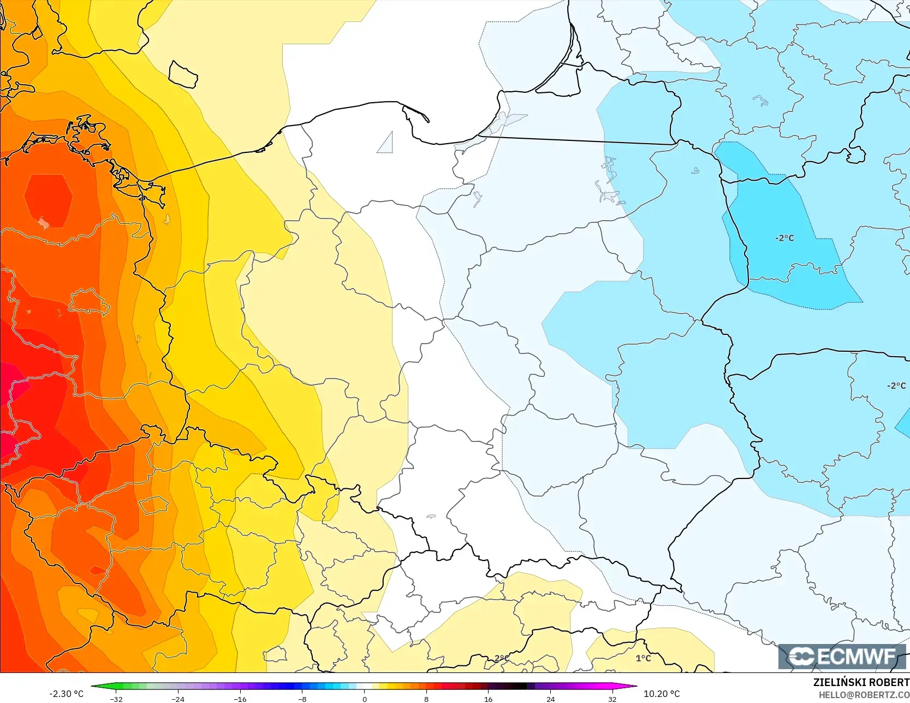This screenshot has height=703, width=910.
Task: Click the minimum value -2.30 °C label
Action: [x=67, y=694]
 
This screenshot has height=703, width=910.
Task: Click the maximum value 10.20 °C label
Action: [x=662, y=694]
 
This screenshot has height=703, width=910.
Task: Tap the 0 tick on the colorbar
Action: [x=365, y=699]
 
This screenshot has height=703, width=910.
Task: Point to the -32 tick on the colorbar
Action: [x=116, y=699]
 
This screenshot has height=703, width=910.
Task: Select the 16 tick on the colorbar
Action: [x=489, y=699]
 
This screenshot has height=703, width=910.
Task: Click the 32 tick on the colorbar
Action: [x=612, y=699]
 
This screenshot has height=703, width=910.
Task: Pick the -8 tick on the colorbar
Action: [x=302, y=699]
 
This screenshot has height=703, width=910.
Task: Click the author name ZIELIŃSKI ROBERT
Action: [x=861, y=683]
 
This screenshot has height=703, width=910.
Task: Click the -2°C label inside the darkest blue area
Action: [x=784, y=238]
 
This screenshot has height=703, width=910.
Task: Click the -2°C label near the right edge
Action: [x=896, y=386]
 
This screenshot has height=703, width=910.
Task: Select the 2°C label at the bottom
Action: [x=502, y=658]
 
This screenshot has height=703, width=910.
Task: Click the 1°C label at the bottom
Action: [x=643, y=658]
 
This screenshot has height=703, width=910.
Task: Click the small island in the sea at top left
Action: [x=183, y=75]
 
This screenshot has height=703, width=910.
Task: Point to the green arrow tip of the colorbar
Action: [x=93, y=687]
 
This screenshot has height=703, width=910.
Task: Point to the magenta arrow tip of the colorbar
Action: [x=635, y=687]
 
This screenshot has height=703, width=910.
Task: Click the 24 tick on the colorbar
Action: [x=550, y=699]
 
